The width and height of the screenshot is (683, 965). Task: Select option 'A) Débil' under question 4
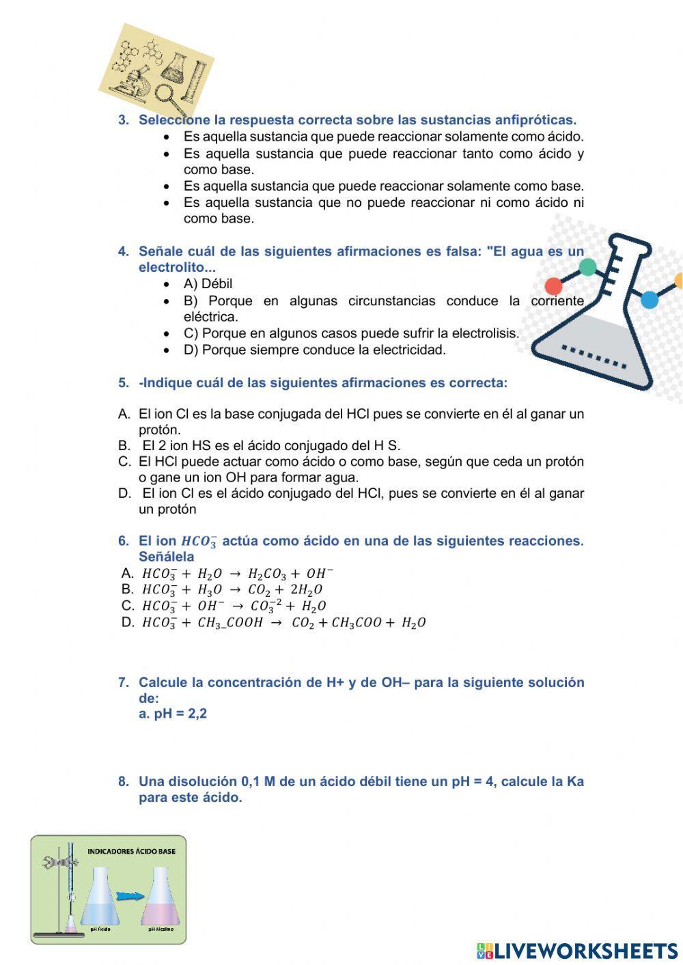click(x=208, y=284)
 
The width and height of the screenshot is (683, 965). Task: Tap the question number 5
click(x=123, y=383)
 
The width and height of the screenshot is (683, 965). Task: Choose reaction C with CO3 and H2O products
click(x=234, y=606)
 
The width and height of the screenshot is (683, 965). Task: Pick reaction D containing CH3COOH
click(x=283, y=623)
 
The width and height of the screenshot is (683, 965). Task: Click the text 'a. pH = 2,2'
click(x=173, y=714)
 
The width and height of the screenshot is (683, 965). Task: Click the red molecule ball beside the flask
click(x=553, y=285)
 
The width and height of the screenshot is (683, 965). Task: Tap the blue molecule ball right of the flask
click(x=649, y=299)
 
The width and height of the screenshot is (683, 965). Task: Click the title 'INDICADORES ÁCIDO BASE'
click(x=131, y=851)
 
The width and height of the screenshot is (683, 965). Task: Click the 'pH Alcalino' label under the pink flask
click(x=161, y=929)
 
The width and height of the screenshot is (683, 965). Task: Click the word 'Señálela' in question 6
click(x=166, y=557)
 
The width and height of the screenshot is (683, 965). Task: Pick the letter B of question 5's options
click(x=124, y=446)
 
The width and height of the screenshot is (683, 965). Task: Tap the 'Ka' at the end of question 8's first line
click(x=575, y=782)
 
